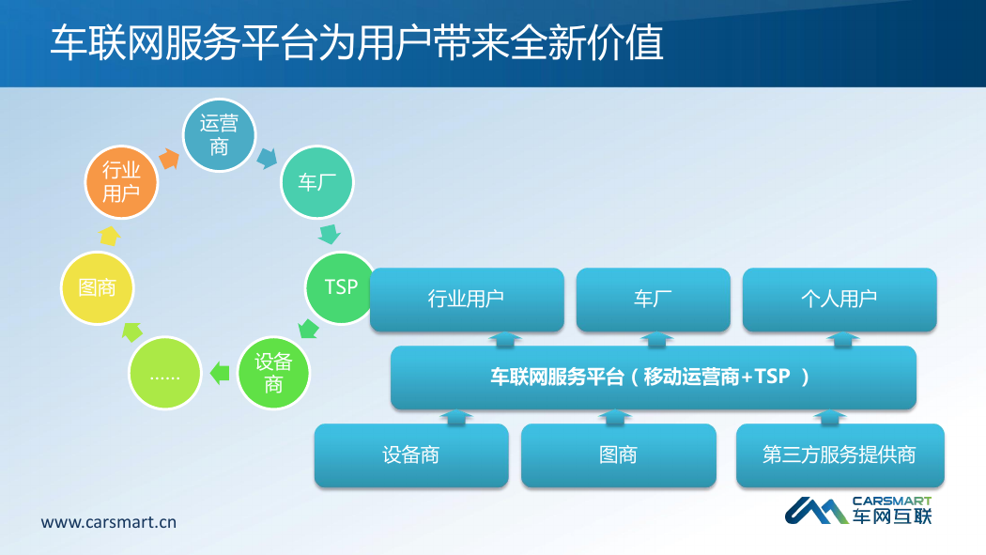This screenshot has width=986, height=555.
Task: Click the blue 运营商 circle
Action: [x=220, y=135]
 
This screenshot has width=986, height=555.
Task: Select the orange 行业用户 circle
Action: [x=121, y=182]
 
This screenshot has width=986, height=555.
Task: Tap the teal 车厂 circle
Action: [x=317, y=182]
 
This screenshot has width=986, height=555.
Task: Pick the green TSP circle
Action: [x=341, y=288]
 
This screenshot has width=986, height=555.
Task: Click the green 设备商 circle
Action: [x=273, y=373]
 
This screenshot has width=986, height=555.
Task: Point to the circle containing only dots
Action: [x=164, y=374]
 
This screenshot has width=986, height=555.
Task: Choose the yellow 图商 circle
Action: [x=98, y=288]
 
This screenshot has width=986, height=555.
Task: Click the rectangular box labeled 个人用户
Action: [x=840, y=300]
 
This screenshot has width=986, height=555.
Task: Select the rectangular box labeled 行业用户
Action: [x=467, y=300]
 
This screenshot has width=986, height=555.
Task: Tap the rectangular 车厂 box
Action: [x=654, y=300]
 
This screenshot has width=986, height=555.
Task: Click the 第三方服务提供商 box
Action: [x=840, y=455]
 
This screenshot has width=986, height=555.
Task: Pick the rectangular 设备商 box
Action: [x=411, y=455]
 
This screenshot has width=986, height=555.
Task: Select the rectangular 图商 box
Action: [x=619, y=455]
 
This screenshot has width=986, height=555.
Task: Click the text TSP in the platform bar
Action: [x=772, y=376]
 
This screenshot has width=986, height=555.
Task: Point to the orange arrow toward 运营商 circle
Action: [x=169, y=159]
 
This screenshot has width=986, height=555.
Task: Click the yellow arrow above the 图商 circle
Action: [x=110, y=236]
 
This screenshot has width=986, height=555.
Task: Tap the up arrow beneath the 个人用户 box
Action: [x=842, y=339]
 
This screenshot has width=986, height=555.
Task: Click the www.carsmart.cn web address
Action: [x=109, y=522]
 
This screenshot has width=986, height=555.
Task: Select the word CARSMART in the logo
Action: [x=892, y=501]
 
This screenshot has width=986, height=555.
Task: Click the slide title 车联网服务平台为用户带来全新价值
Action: [x=357, y=43]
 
